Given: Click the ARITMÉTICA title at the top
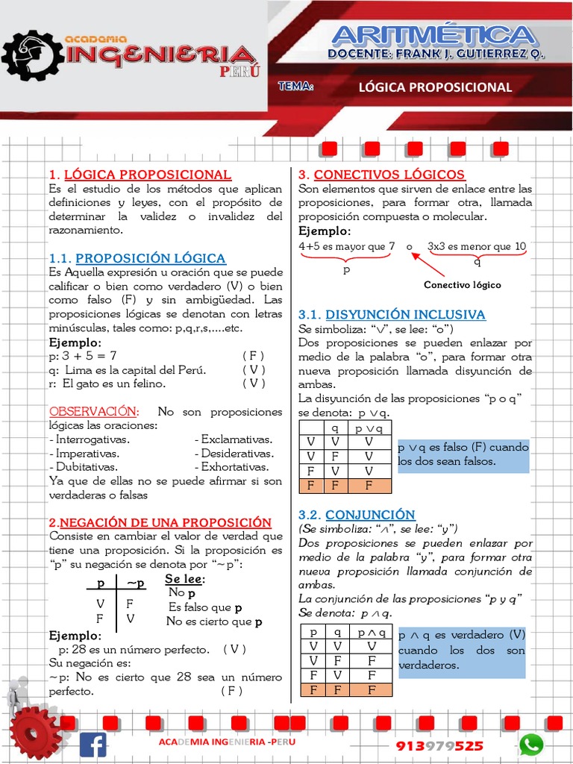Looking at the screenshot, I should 433,35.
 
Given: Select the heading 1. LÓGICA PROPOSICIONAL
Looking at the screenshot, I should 140,175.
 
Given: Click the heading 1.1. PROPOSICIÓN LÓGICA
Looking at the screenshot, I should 137,258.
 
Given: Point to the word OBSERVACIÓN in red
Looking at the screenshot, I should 94,412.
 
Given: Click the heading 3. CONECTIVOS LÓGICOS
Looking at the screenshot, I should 381,175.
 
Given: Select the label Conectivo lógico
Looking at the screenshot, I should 462,285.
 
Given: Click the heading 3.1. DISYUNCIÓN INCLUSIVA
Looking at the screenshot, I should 392,314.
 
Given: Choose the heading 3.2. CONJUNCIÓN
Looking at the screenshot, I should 357,515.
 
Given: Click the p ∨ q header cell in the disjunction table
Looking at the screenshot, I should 369,428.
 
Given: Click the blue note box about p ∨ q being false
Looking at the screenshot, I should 463,455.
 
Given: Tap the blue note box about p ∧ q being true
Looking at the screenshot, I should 462,650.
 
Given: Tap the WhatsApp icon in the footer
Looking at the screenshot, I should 531,744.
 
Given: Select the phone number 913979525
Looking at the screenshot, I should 439,746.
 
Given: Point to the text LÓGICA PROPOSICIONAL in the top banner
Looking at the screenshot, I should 435,87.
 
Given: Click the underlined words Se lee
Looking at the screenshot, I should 184,580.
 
